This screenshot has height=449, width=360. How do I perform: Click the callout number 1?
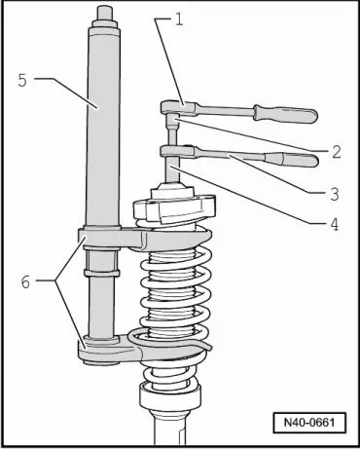pos(179,20)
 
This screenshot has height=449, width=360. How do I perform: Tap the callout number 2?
pos(337,152)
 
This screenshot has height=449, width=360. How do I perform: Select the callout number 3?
pos(335,194)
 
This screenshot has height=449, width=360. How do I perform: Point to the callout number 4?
pos(335,224)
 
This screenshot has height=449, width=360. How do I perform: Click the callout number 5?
pos(22,80)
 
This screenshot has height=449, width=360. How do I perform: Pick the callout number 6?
pos(25,281)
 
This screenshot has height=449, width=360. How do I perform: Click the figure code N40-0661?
pos(309,423)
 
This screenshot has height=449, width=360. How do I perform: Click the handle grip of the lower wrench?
pos(292,160)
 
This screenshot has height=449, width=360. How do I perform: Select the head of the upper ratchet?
pos(178,107)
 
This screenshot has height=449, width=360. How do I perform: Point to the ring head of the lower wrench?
pos(178,151)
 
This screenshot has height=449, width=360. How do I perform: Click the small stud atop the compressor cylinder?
pos(104,14)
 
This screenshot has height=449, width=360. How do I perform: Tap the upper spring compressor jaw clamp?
pos(143,240)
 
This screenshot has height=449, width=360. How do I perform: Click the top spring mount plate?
pos(174,207)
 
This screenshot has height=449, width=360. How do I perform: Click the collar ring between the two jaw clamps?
pos(101,272)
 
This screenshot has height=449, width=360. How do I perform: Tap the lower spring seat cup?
pos(168,395)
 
